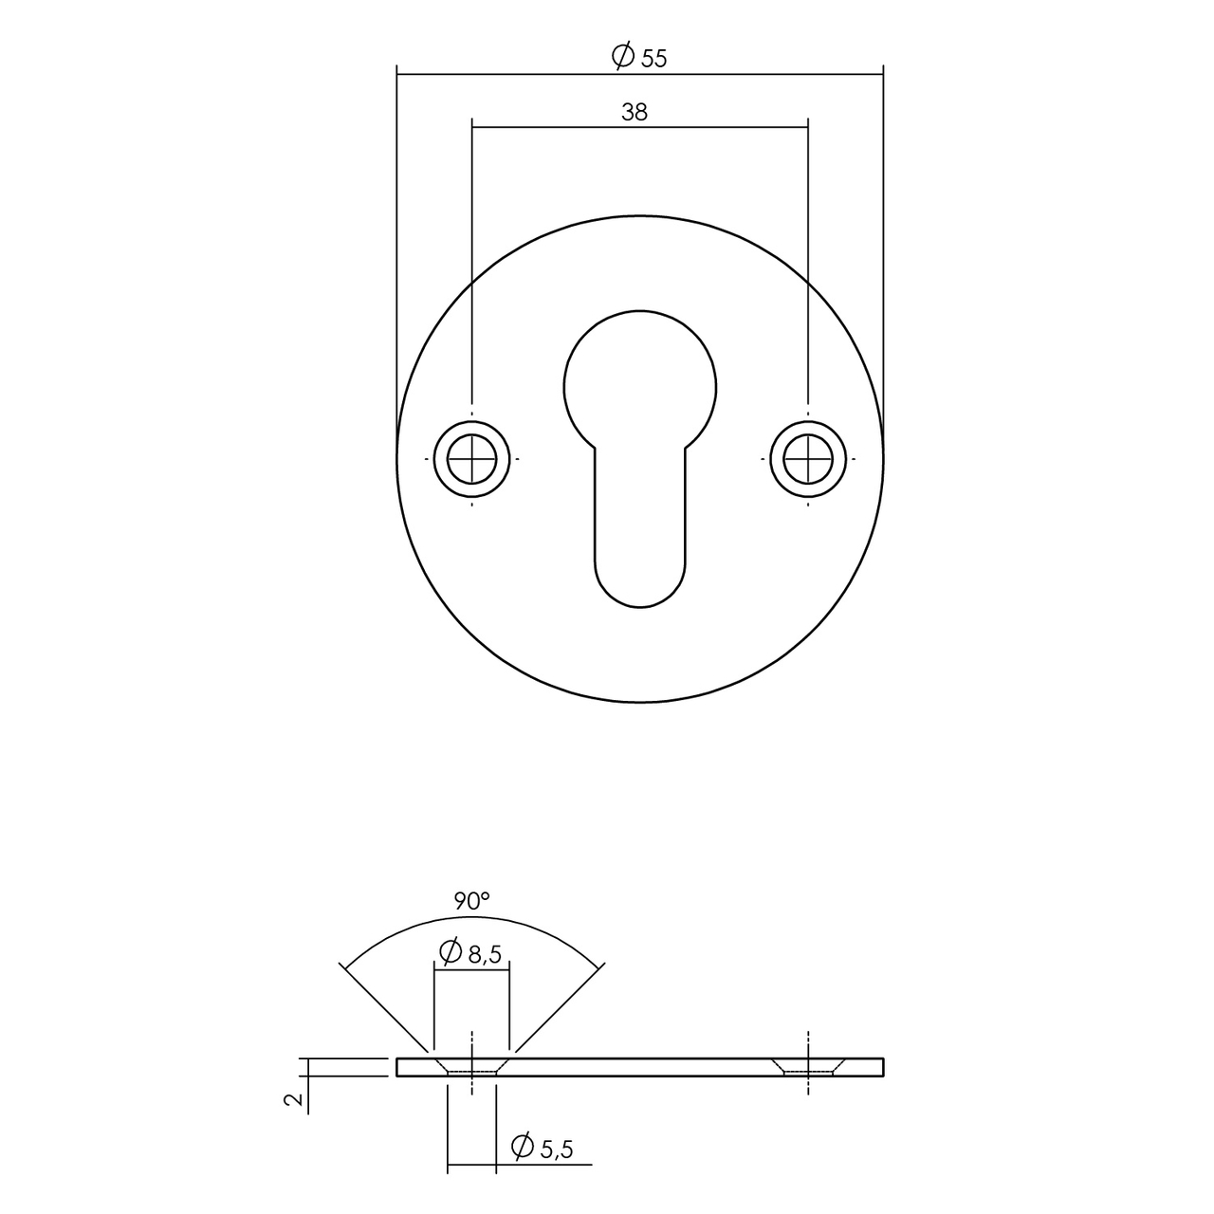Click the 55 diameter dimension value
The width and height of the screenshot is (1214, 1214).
click(x=653, y=58)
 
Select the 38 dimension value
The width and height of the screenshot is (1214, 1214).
click(x=635, y=112)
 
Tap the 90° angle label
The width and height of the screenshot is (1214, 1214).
click(x=471, y=901)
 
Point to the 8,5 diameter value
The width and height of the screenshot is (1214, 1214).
click(x=484, y=955)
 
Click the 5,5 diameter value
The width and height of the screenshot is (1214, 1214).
click(x=557, y=1150)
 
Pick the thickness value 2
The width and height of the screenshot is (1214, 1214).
click(x=295, y=1099)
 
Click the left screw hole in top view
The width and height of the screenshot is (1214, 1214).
click(x=472, y=458)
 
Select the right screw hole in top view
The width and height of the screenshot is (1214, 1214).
click(x=808, y=458)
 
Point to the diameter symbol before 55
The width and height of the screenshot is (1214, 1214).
click(x=623, y=57)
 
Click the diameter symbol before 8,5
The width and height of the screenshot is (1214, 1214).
click(x=451, y=952)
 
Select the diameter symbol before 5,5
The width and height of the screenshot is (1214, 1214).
click(x=522, y=1148)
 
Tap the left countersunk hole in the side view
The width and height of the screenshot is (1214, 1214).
click(x=472, y=1067)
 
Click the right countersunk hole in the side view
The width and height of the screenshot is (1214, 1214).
click(x=808, y=1067)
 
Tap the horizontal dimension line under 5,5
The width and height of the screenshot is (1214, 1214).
click(x=520, y=1164)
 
